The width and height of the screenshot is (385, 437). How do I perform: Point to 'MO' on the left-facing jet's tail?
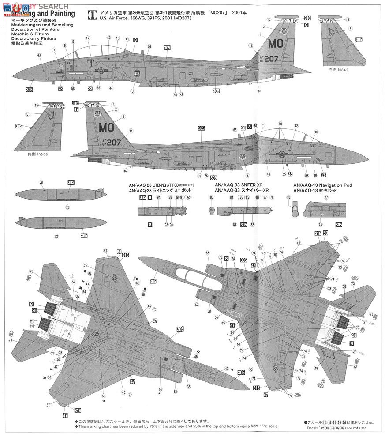point(277,44)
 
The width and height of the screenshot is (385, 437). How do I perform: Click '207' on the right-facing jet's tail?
point(113,143)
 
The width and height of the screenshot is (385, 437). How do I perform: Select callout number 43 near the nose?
point(39,55)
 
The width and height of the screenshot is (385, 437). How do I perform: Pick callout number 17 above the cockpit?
point(88,38)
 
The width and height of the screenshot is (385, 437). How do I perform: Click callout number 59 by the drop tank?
point(41,182)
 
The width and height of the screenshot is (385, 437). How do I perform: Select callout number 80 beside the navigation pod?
point(288,197)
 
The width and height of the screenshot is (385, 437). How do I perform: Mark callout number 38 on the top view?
point(189,387)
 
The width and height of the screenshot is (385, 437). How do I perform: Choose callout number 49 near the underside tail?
point(316,368)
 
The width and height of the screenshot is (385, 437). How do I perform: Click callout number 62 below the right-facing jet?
point(125,171)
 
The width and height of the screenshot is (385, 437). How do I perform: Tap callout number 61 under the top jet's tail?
point(260,91)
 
